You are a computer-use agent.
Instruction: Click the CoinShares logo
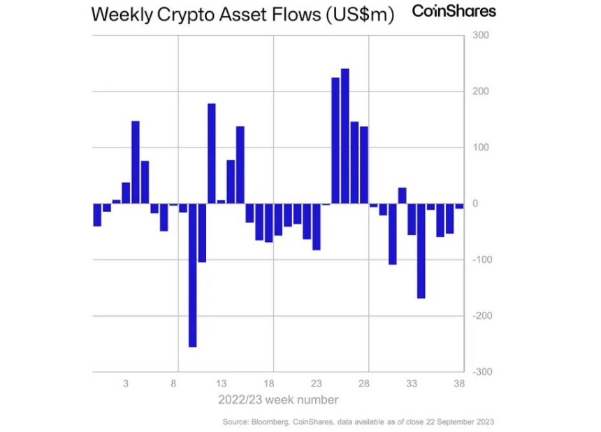454,12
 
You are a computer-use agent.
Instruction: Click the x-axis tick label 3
126,383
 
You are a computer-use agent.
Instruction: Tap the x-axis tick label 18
268,383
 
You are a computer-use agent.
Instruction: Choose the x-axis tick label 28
363,383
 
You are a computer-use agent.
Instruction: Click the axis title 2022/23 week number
278,400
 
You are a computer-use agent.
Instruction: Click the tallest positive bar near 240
345,136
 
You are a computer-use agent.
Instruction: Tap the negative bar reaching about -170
421,251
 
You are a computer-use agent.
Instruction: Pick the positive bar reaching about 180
212,154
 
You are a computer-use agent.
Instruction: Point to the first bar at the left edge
97,215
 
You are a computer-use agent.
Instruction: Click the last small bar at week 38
459,206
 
